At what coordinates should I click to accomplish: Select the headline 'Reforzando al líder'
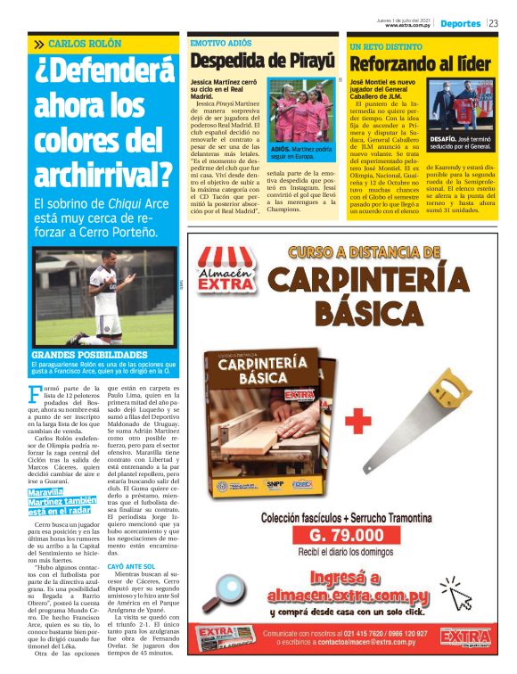pos(420,63)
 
